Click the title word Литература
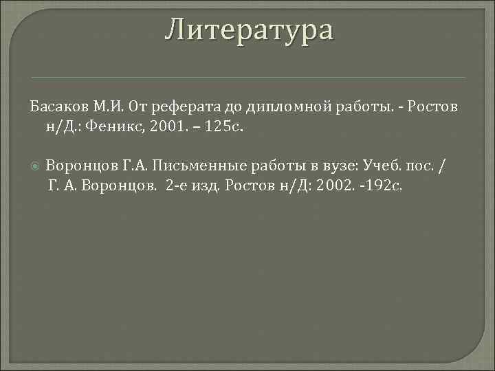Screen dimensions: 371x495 click(x=249, y=30)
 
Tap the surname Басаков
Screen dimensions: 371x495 click(x=57, y=109)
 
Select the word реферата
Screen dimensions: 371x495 click(x=179, y=109)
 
